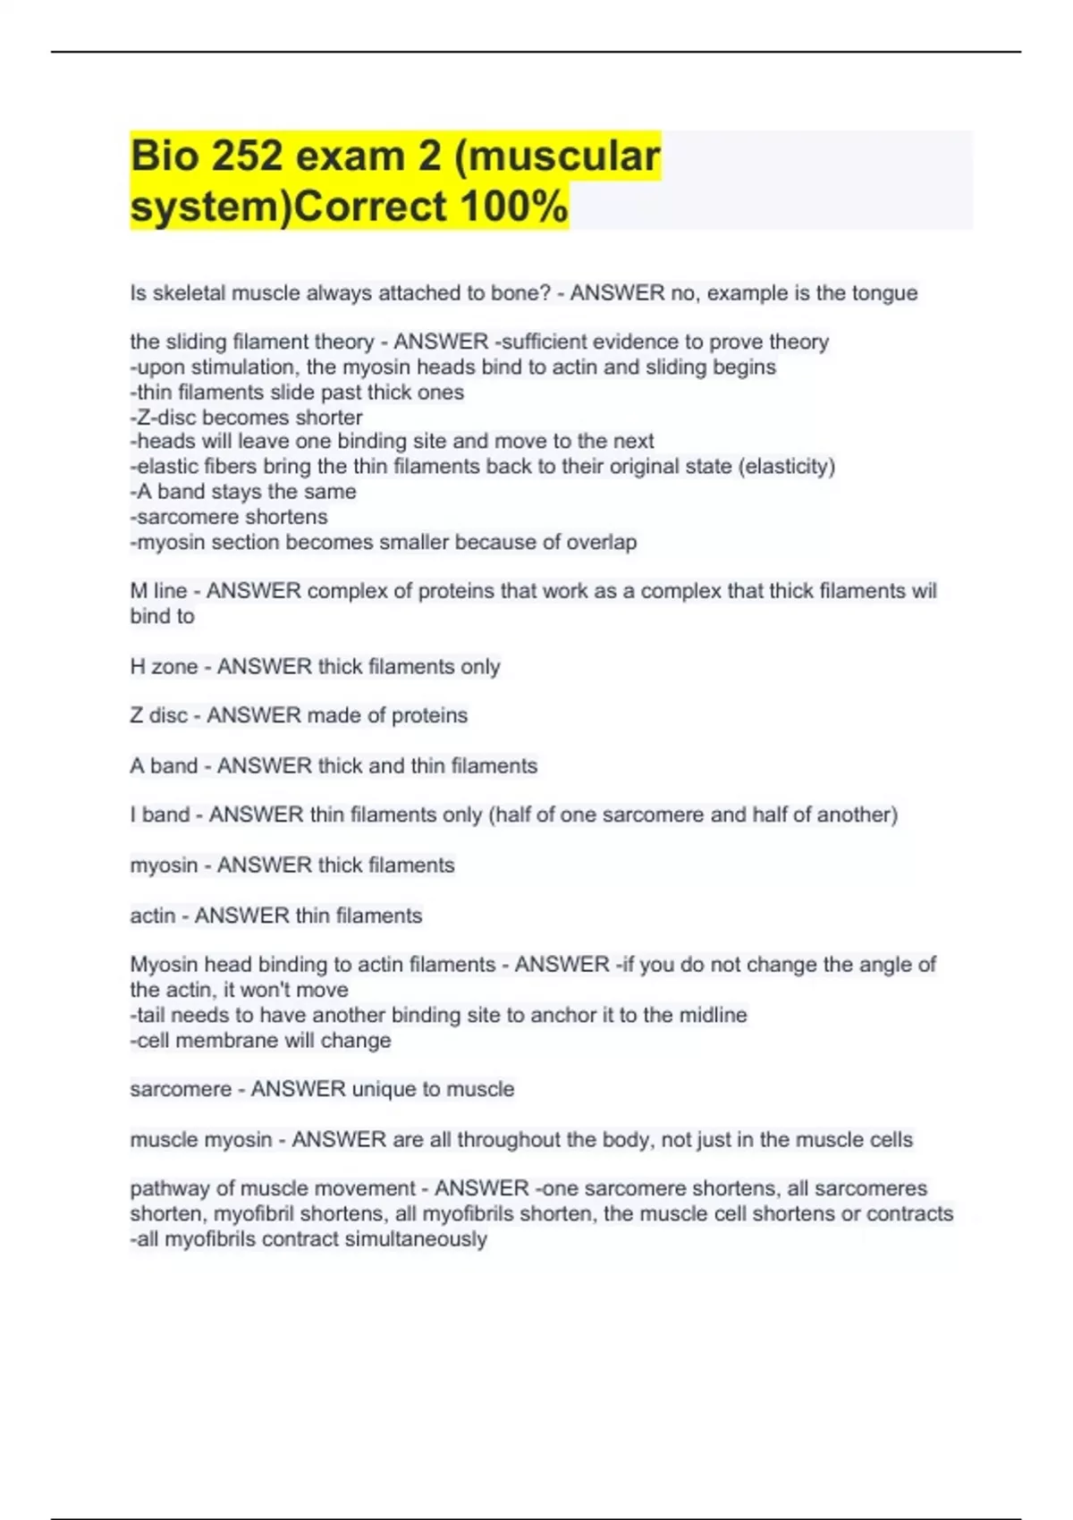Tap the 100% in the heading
pos(514,207)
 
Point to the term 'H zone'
pos(164,667)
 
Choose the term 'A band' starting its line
pos(164,766)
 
